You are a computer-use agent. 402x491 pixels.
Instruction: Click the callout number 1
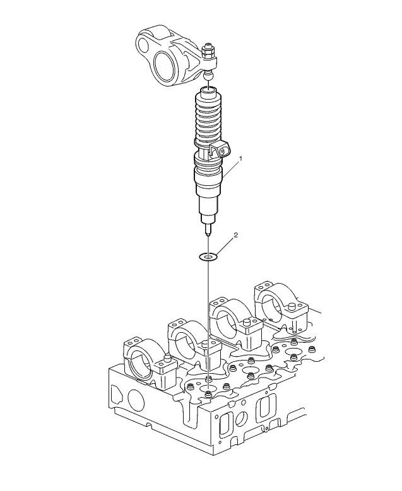(240, 159)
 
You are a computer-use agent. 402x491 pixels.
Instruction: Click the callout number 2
(236, 235)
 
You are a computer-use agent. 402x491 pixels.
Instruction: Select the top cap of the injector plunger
(208, 91)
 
